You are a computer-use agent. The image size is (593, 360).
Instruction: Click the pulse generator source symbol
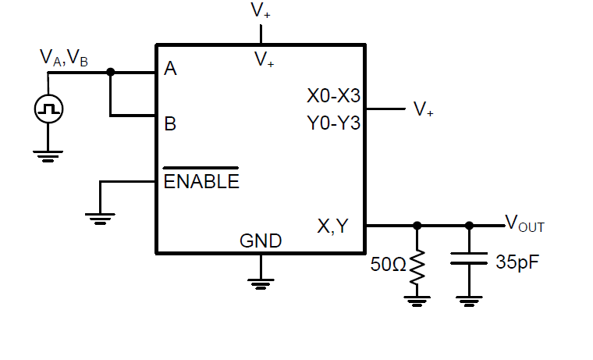pyautogui.click(x=48, y=109)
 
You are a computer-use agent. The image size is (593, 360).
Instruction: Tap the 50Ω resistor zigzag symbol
pyautogui.click(x=417, y=266)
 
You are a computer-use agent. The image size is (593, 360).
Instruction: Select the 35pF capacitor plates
pyautogui.click(x=469, y=258)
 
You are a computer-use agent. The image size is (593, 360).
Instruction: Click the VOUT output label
pyautogui.click(x=524, y=223)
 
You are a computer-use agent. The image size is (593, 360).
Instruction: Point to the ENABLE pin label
pyautogui.click(x=201, y=181)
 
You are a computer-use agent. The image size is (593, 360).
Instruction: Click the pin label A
pyautogui.click(x=170, y=69)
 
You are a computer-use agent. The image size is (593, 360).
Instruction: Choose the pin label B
pyautogui.click(x=170, y=124)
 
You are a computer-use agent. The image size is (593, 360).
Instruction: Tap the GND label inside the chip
pyautogui.click(x=261, y=241)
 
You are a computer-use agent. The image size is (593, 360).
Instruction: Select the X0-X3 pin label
pyautogui.click(x=334, y=96)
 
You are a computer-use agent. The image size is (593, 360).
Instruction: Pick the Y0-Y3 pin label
pyautogui.click(x=334, y=123)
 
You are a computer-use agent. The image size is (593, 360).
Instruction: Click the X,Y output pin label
pyautogui.click(x=333, y=226)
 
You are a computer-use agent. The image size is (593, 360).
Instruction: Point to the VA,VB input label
pyautogui.click(x=63, y=58)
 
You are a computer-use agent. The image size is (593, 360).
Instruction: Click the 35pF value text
pyautogui.click(x=517, y=262)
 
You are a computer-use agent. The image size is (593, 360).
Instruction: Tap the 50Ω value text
pyautogui.click(x=388, y=264)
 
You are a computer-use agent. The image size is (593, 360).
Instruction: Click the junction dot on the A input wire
pyautogui.click(x=111, y=72)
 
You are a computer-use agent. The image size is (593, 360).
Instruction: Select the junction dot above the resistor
pyautogui.click(x=417, y=226)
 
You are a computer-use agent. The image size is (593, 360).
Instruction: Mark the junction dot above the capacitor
pyautogui.click(x=469, y=226)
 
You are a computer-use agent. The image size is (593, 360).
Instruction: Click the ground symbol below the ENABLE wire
pyautogui.click(x=100, y=219)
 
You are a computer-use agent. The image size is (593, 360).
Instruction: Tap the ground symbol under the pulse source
pyautogui.click(x=48, y=156)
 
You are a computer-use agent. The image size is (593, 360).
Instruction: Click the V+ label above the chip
pyautogui.click(x=261, y=10)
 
